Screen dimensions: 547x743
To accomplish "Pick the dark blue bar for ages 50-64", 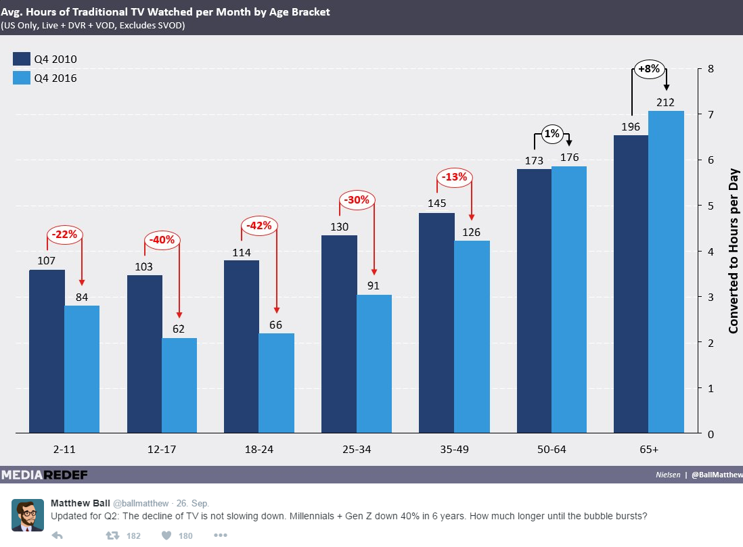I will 534,301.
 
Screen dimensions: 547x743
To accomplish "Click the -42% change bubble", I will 258,226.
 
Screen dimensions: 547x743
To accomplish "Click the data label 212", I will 665,103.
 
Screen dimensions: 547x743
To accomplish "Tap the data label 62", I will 179,330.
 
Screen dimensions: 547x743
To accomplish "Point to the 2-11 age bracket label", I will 47,449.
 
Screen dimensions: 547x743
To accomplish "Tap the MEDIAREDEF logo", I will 44,475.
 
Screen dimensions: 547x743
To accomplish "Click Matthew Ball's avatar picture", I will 28,515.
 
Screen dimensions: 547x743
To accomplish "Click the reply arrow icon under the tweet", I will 58,536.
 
